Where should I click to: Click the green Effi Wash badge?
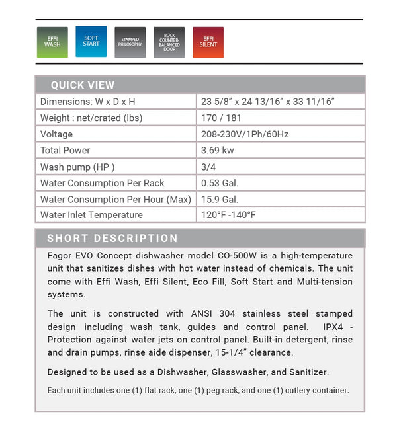click(x=52, y=42)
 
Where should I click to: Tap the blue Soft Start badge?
click(x=91, y=41)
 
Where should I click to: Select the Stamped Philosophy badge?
click(x=130, y=42)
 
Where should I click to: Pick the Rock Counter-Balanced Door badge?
click(x=169, y=42)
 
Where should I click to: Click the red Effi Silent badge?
click(x=208, y=42)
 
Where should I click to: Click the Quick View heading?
click(x=83, y=85)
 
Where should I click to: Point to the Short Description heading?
click(x=112, y=238)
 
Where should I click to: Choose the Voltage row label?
click(x=56, y=134)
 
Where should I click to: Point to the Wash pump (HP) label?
click(x=77, y=167)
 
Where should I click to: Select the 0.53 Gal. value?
click(x=220, y=183)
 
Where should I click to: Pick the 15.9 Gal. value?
click(x=220, y=199)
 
